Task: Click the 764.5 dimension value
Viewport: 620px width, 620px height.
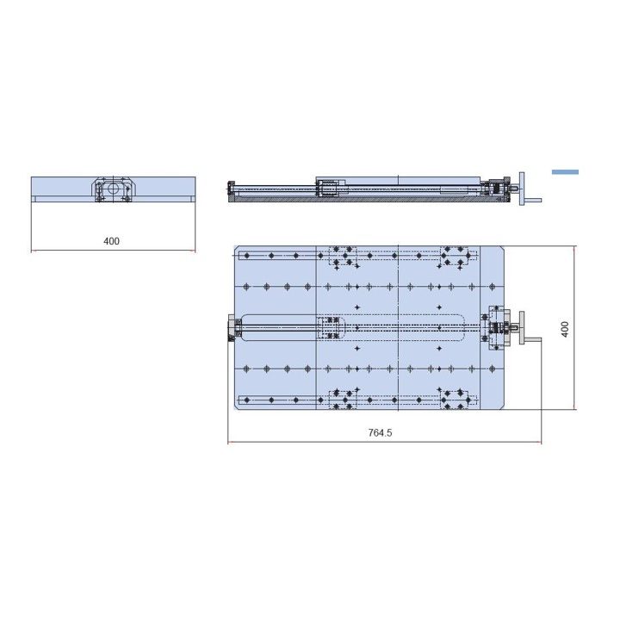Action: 380,432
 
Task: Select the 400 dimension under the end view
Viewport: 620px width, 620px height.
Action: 111,241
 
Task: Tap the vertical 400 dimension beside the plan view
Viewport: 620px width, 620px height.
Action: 565,329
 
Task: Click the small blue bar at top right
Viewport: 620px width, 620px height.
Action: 565,172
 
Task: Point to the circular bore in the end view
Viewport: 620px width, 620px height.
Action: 113,188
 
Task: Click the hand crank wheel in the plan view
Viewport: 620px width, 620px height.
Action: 522,327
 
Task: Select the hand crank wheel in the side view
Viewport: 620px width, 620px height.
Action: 522,189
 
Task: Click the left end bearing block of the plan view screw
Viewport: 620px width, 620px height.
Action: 233,327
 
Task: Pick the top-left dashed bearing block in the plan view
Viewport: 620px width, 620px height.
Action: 343,256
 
